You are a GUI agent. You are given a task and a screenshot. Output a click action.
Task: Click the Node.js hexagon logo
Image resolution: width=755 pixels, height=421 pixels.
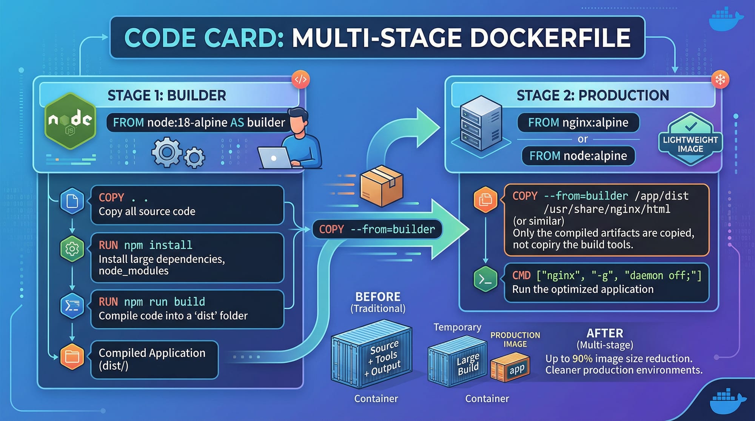(70, 121)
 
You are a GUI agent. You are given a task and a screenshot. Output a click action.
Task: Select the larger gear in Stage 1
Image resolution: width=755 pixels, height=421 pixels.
(166, 152)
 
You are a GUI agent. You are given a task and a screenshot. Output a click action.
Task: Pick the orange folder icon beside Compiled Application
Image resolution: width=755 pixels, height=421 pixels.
(72, 356)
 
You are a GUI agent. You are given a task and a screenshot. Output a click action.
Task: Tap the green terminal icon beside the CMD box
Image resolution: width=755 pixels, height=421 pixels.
(485, 279)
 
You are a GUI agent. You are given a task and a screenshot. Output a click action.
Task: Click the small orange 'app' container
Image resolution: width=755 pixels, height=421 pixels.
(510, 367)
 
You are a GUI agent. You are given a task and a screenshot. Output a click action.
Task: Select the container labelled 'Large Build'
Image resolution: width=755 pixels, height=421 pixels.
(458, 362)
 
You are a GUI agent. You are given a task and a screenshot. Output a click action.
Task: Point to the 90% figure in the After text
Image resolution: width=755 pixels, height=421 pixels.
(582, 358)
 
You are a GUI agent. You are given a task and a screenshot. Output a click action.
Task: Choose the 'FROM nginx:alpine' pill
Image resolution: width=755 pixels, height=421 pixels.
(578, 123)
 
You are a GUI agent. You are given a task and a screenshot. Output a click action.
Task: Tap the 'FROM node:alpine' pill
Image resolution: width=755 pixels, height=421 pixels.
(578, 156)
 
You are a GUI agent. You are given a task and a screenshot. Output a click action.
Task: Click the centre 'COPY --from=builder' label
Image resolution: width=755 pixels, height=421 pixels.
(377, 229)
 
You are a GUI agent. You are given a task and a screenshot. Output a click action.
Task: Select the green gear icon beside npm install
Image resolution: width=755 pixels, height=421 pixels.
(72, 249)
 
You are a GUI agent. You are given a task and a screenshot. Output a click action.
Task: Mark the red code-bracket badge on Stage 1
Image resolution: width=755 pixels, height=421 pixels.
(300, 80)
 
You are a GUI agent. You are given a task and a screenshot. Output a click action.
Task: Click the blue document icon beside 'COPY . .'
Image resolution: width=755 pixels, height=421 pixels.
(72, 201)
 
